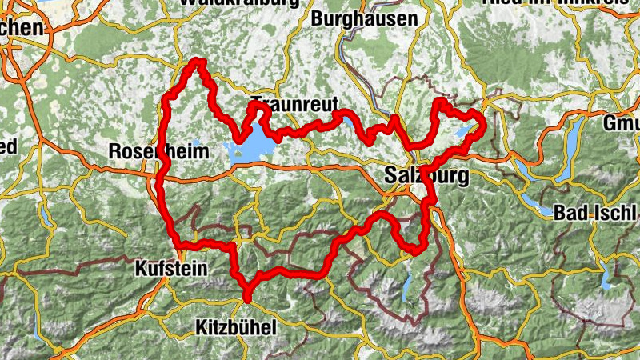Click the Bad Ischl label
click(596, 213)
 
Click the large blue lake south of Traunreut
click(250, 148)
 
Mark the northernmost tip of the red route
click(197, 62)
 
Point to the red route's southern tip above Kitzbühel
click(247, 299)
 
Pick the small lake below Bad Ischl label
click(607, 279)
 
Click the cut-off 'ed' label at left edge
click(8, 146)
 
